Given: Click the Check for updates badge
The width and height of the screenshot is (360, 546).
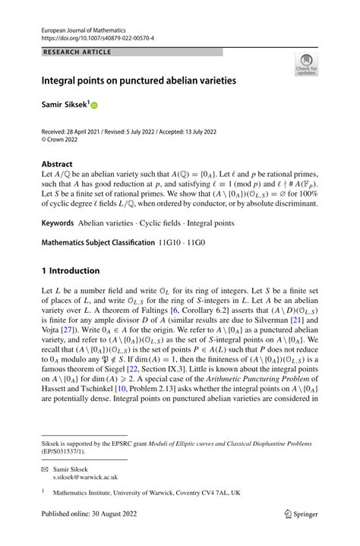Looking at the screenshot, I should (307, 65).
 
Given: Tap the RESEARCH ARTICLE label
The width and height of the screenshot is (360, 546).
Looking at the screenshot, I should (77, 52).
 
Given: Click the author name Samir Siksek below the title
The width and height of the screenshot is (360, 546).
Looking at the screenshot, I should (64, 105).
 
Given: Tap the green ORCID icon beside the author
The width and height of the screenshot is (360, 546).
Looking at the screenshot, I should (95, 106).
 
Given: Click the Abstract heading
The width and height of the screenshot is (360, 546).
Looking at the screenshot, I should (58, 164).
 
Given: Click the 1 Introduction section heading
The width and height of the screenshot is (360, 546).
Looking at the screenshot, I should (70, 271).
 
